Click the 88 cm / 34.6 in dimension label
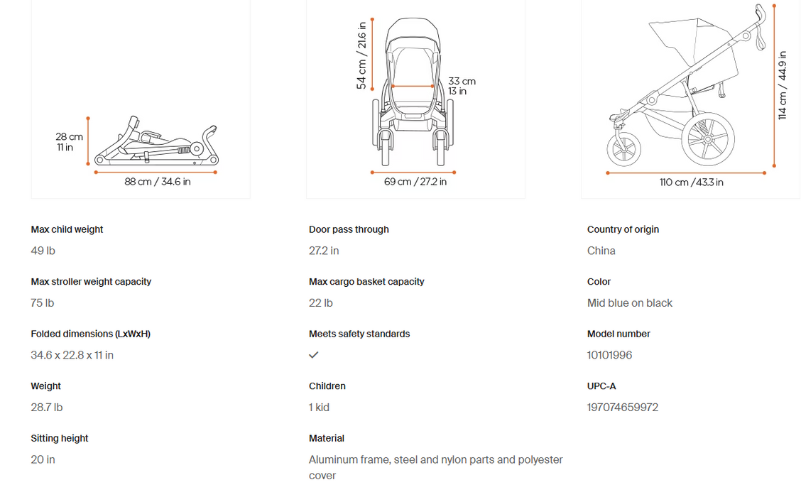pos(158,182)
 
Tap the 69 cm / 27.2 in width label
pos(415,182)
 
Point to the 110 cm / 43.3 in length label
pos(691,182)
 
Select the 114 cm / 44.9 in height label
pos(783,85)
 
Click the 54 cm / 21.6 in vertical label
pos(361,55)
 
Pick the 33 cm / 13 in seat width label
pos(462,86)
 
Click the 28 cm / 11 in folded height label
pos(69,142)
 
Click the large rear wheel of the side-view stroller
pos(707,139)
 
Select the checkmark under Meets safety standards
pos(314,355)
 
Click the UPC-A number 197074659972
pos(623,408)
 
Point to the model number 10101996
pos(609,355)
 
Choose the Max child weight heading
pos(67,229)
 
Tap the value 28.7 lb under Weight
pos(47,408)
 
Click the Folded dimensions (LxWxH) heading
pos(90,334)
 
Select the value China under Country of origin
pos(601,251)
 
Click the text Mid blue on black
pos(630,303)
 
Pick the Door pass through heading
pos(349,229)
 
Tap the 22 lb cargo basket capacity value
pos(321,303)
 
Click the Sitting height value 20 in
pos(43,460)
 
